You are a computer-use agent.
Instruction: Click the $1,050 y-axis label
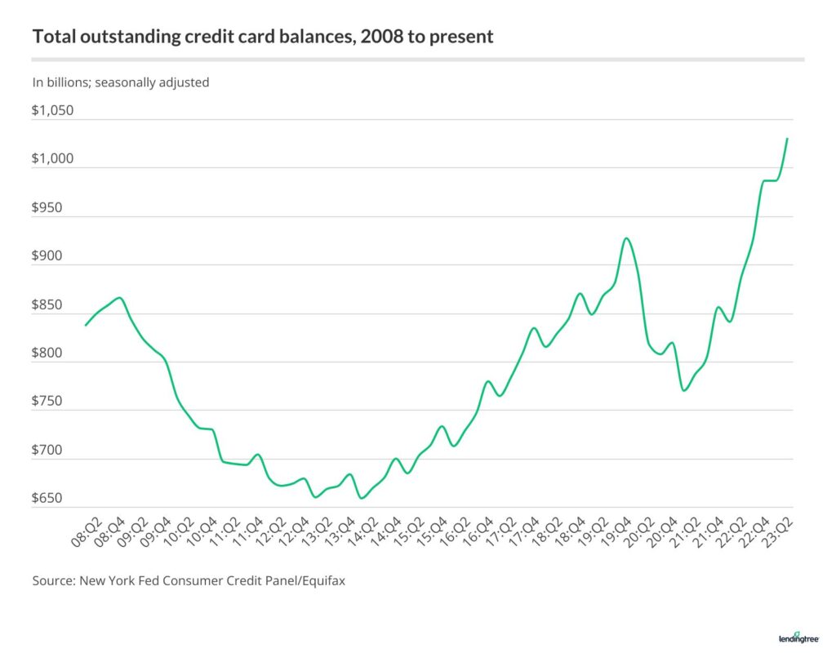pos(53,111)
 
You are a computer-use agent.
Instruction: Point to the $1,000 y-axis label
pos(53,159)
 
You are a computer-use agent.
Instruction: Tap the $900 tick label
pos(48,256)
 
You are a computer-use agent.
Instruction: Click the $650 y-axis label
pos(48,499)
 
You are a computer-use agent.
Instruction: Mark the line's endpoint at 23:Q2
pos(787,139)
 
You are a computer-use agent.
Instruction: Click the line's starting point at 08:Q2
pos(86,325)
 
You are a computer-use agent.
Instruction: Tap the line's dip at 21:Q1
pos(683,390)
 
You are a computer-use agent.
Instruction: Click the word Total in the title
pos(51,38)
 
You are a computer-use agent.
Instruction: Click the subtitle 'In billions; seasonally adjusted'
pos(121,82)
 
